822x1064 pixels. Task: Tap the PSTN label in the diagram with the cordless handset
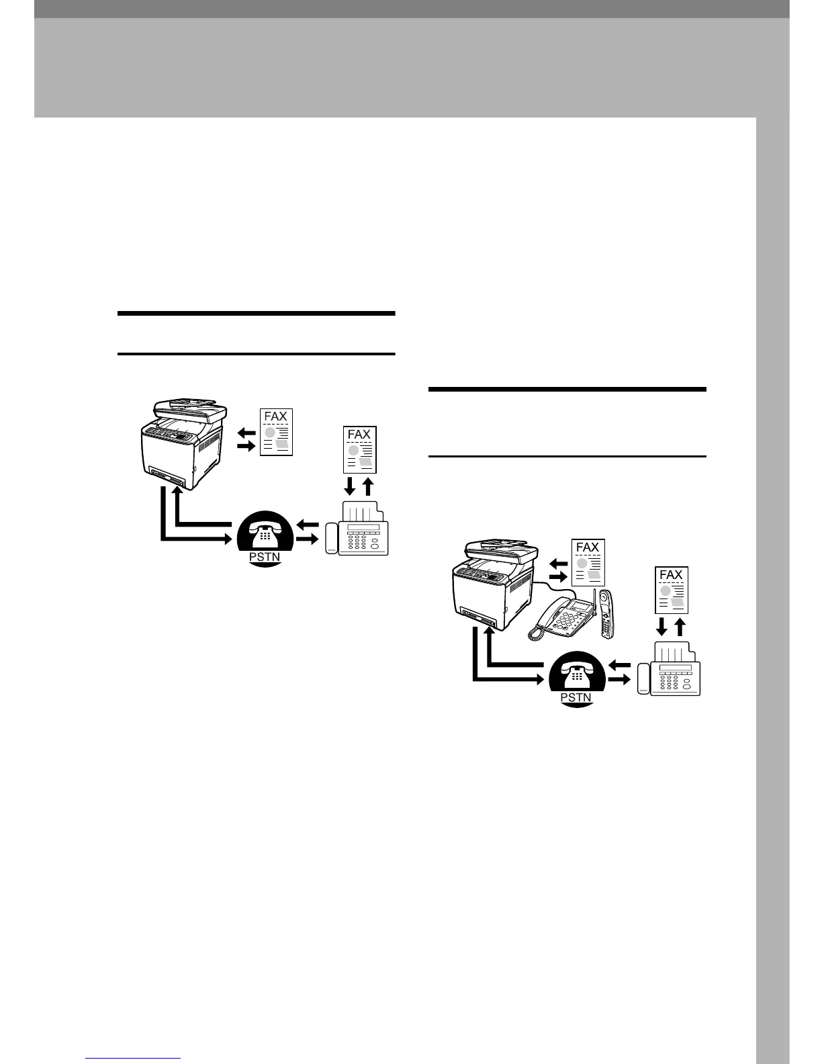click(x=576, y=697)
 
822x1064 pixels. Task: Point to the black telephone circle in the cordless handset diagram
click(x=576, y=675)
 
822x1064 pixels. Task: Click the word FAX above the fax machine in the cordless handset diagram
click(x=670, y=575)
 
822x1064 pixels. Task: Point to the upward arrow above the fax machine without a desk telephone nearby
click(x=367, y=485)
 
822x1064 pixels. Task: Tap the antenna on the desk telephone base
click(x=594, y=592)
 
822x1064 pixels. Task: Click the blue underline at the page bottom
click(x=134, y=1059)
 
